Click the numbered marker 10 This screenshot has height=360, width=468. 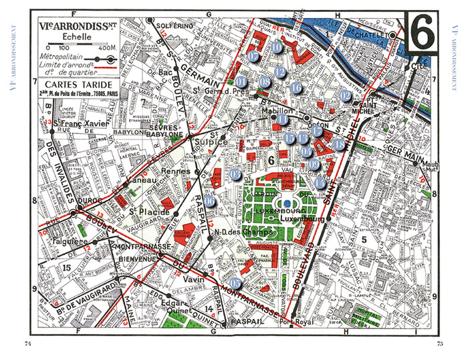277,47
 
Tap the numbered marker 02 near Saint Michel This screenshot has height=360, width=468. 345,96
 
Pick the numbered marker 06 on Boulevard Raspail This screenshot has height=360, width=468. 210,201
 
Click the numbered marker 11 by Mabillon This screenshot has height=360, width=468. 283,120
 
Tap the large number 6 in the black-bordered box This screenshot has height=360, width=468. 423,31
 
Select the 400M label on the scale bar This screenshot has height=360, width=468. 106,48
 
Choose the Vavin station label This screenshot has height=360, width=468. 194,281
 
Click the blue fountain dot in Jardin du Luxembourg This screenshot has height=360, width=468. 287,203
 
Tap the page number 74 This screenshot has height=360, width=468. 28,343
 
